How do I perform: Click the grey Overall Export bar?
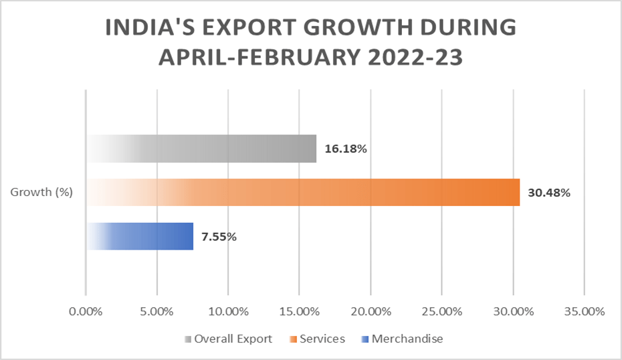click(201, 149)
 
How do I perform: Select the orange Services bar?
click(303, 193)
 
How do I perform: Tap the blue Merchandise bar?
click(140, 236)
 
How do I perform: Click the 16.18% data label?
click(346, 149)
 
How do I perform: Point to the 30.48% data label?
click(548, 193)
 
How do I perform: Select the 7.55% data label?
click(219, 236)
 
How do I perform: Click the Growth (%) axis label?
click(41, 193)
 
